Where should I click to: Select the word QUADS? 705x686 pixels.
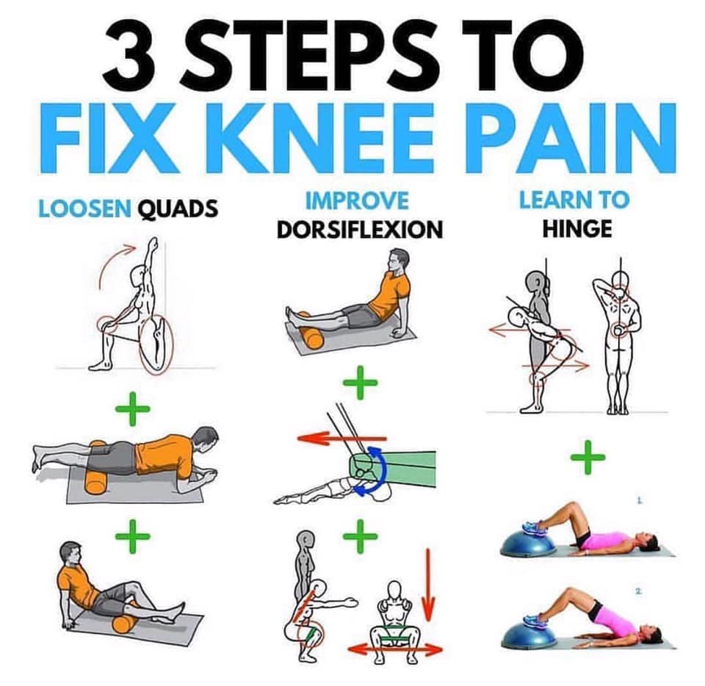pos(178,209)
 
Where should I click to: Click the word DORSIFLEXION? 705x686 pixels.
pos(360,230)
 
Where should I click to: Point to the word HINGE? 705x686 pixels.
pos(577,228)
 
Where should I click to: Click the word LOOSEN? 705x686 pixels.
pos(85,209)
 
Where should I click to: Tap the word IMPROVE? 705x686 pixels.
pos(357,201)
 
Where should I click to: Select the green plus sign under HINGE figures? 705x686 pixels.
pos(587,458)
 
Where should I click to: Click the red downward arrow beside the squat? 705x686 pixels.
pos(428,585)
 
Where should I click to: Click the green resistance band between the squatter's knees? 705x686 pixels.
pos(394,639)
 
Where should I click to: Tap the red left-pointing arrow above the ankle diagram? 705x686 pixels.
pos(341,438)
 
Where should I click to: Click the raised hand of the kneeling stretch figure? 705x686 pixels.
pos(154,244)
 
